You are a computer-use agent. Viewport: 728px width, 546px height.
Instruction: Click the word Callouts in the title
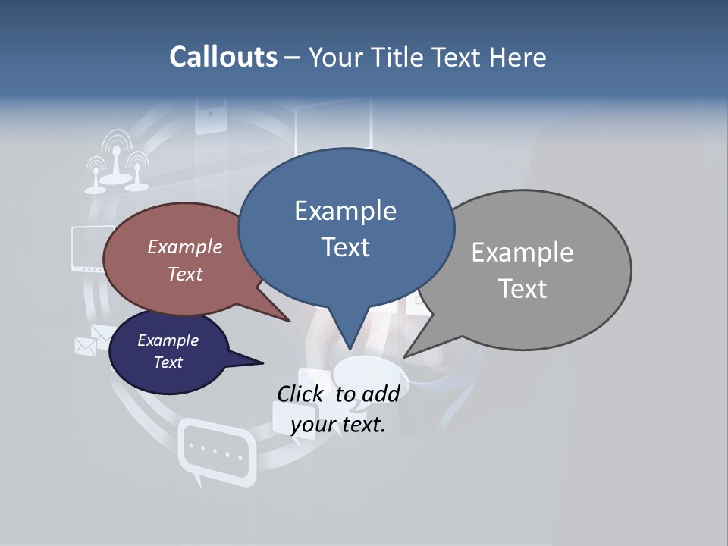point(223,57)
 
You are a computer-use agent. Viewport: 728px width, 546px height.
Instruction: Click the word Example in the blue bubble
point(345,210)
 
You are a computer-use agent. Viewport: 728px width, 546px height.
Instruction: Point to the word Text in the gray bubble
point(522,289)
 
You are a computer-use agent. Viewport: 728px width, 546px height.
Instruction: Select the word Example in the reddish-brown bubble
point(185,246)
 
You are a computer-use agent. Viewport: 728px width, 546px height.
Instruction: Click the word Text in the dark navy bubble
point(168,362)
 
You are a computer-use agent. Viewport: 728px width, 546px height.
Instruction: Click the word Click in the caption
point(303,393)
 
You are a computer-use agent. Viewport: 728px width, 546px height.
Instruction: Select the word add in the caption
point(381,393)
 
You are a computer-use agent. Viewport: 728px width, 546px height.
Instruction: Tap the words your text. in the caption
point(338,425)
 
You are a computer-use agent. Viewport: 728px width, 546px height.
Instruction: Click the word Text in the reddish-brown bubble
point(185,274)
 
